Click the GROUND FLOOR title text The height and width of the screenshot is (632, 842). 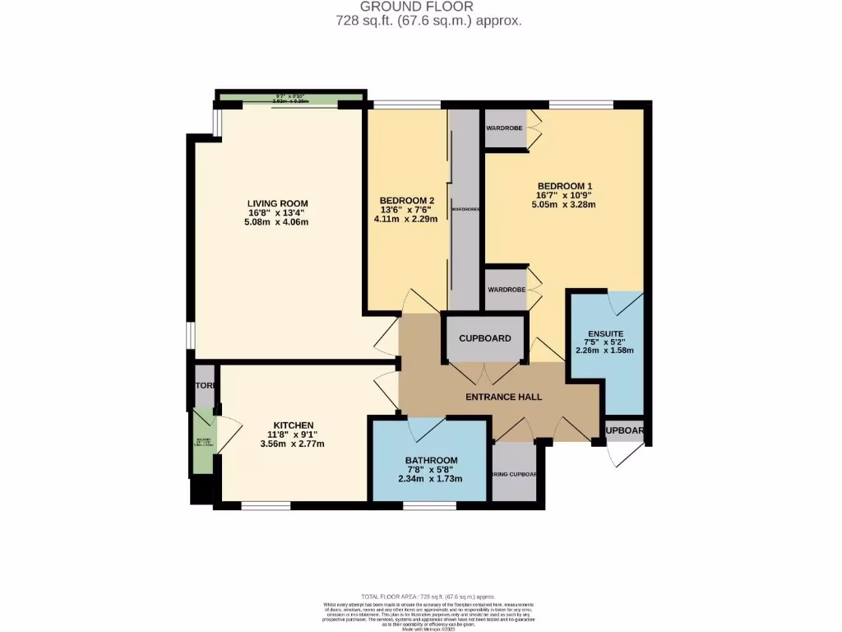(x=428, y=7)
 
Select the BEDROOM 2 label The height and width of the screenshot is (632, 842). (x=406, y=201)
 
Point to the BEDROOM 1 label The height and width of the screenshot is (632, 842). (x=565, y=186)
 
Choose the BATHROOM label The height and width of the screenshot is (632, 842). (x=431, y=460)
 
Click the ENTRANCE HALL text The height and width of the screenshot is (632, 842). (x=503, y=397)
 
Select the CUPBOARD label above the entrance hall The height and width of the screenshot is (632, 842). (x=484, y=338)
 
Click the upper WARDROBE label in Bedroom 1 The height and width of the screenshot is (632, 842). (x=505, y=128)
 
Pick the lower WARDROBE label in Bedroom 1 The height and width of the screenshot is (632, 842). (x=505, y=290)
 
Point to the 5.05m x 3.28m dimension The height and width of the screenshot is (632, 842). (x=565, y=205)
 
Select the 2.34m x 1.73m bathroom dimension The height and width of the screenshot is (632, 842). (x=431, y=479)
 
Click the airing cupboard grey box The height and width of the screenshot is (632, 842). (x=514, y=472)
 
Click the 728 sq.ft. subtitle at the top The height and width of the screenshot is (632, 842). (x=428, y=21)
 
